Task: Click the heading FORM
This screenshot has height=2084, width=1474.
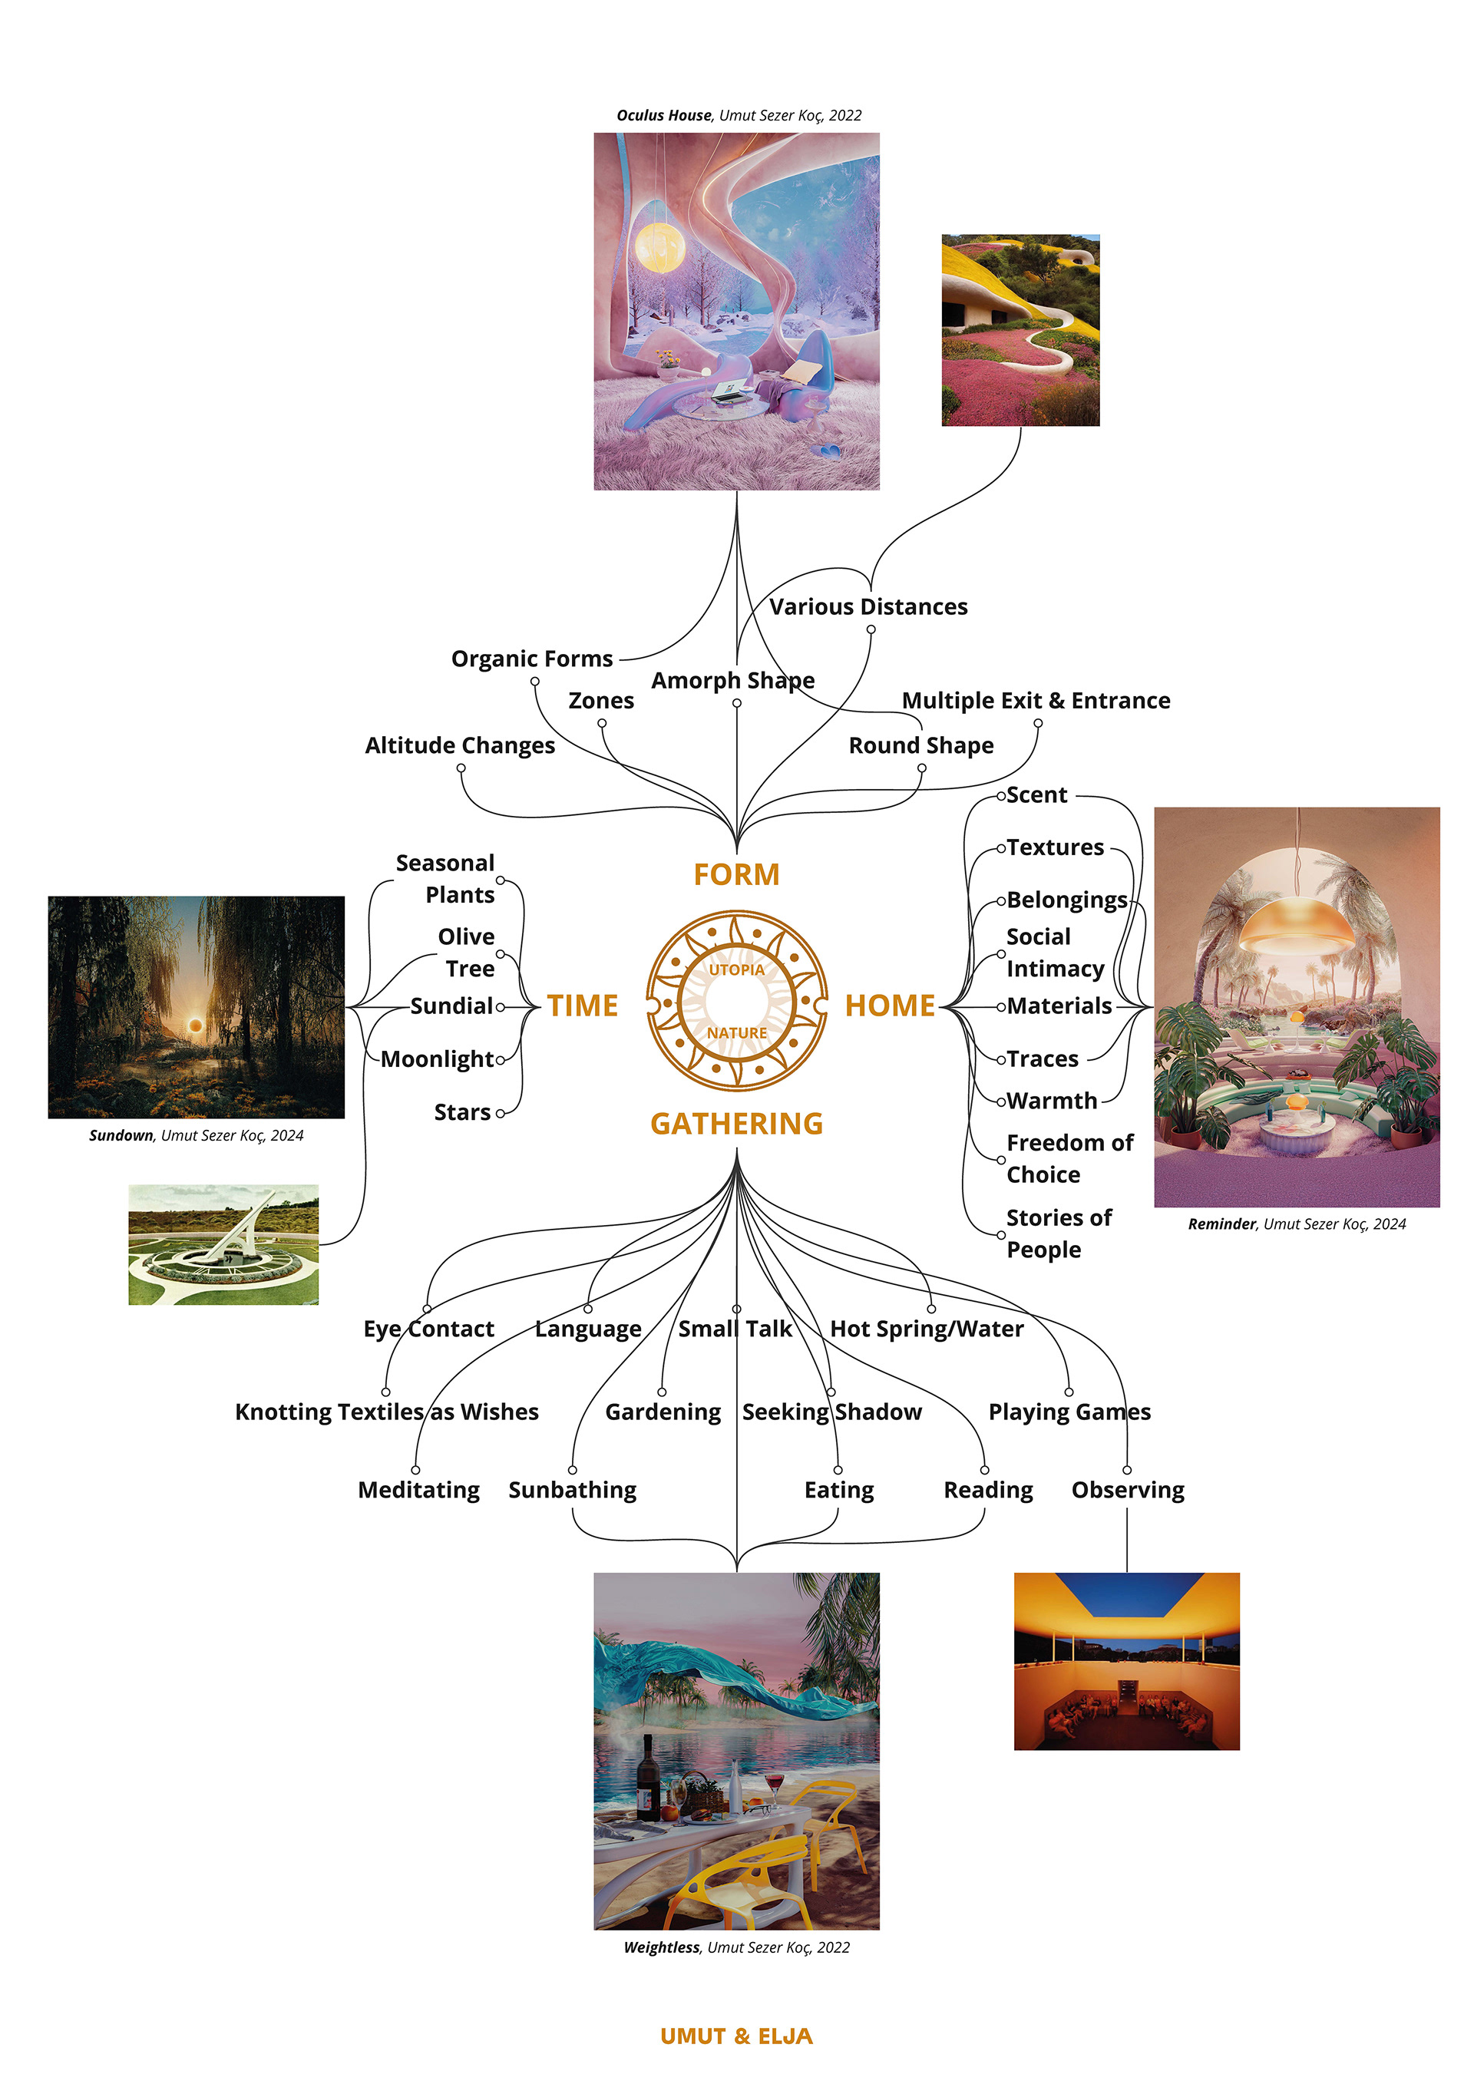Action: [736, 874]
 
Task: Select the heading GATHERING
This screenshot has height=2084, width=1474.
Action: [736, 1124]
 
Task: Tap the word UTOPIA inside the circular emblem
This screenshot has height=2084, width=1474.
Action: [736, 969]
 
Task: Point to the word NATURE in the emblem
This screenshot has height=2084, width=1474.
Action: [736, 1033]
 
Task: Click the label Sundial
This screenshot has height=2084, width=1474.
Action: [451, 1006]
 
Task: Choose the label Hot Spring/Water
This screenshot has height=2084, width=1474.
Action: [927, 1329]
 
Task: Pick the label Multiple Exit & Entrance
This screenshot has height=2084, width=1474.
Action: [1036, 701]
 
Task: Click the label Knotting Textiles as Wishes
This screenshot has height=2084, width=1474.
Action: [387, 1412]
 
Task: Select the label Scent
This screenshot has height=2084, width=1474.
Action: [1036, 795]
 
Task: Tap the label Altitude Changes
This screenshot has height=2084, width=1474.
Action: [460, 745]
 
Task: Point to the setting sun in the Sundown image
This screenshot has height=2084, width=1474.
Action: [194, 1025]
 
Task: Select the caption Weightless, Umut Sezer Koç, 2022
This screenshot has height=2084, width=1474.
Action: [736, 1947]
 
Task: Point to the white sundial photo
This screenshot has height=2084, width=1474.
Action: [223, 1244]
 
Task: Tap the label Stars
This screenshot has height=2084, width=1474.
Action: [462, 1112]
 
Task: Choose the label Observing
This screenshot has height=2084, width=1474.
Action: [1127, 1491]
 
